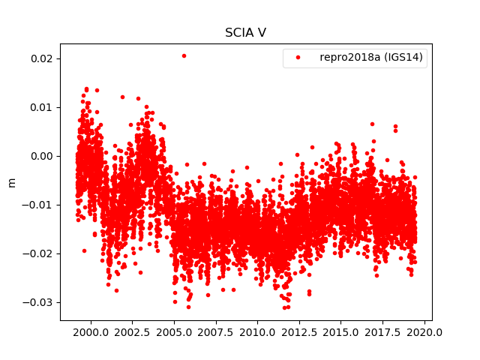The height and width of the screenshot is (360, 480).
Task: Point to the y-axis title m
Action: (x=11, y=182)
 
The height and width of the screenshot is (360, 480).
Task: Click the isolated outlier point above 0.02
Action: (x=184, y=55)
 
